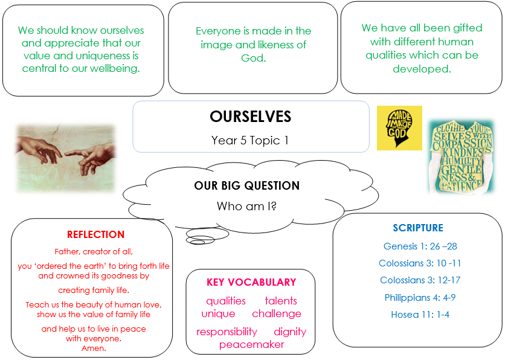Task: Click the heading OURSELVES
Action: click(x=251, y=117)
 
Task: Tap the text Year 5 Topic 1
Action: click(x=250, y=140)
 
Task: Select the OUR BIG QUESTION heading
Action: click(x=247, y=185)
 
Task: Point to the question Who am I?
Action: click(x=246, y=206)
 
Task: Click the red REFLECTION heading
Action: click(x=95, y=234)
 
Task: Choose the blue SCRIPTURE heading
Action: click(x=418, y=228)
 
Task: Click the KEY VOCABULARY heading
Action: click(x=251, y=282)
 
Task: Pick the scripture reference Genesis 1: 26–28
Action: click(x=420, y=246)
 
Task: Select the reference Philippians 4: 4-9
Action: click(x=420, y=297)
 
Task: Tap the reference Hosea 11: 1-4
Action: click(x=420, y=315)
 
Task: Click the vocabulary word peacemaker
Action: click(x=251, y=344)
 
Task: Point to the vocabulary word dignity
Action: click(x=290, y=332)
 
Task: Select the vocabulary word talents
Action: click(x=281, y=301)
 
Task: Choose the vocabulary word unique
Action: click(x=218, y=314)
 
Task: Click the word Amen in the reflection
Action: click(x=94, y=349)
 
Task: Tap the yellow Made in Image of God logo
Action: click(x=399, y=128)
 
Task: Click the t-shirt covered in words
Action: click(x=461, y=157)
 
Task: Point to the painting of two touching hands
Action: click(x=66, y=158)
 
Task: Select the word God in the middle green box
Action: click(x=253, y=58)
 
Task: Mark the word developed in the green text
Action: click(x=422, y=69)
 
